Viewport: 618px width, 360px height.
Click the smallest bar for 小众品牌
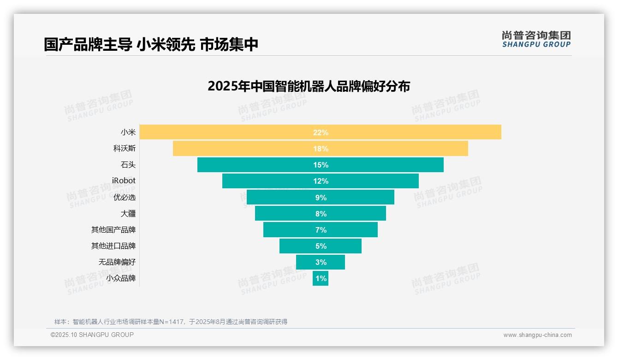coord(321,278)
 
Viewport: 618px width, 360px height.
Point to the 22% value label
coord(321,132)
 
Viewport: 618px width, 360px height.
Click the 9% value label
coord(321,198)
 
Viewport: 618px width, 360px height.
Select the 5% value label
coord(321,246)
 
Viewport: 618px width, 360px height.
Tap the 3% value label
coord(321,262)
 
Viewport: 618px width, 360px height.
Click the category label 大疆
coord(128,214)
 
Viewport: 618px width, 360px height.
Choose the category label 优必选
coord(124,198)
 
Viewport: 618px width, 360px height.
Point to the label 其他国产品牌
coord(113,230)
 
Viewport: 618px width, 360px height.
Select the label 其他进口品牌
coord(113,246)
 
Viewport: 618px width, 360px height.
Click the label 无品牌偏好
coord(117,262)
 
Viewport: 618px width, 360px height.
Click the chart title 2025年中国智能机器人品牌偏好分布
coord(309,86)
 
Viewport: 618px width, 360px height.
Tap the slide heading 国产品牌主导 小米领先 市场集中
coord(151,44)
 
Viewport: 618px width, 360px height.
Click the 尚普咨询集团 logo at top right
coord(536,39)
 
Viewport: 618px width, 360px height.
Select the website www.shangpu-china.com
coord(537,335)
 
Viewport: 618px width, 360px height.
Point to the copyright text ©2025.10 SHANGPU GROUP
coord(92,335)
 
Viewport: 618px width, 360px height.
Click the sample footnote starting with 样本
coord(171,322)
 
